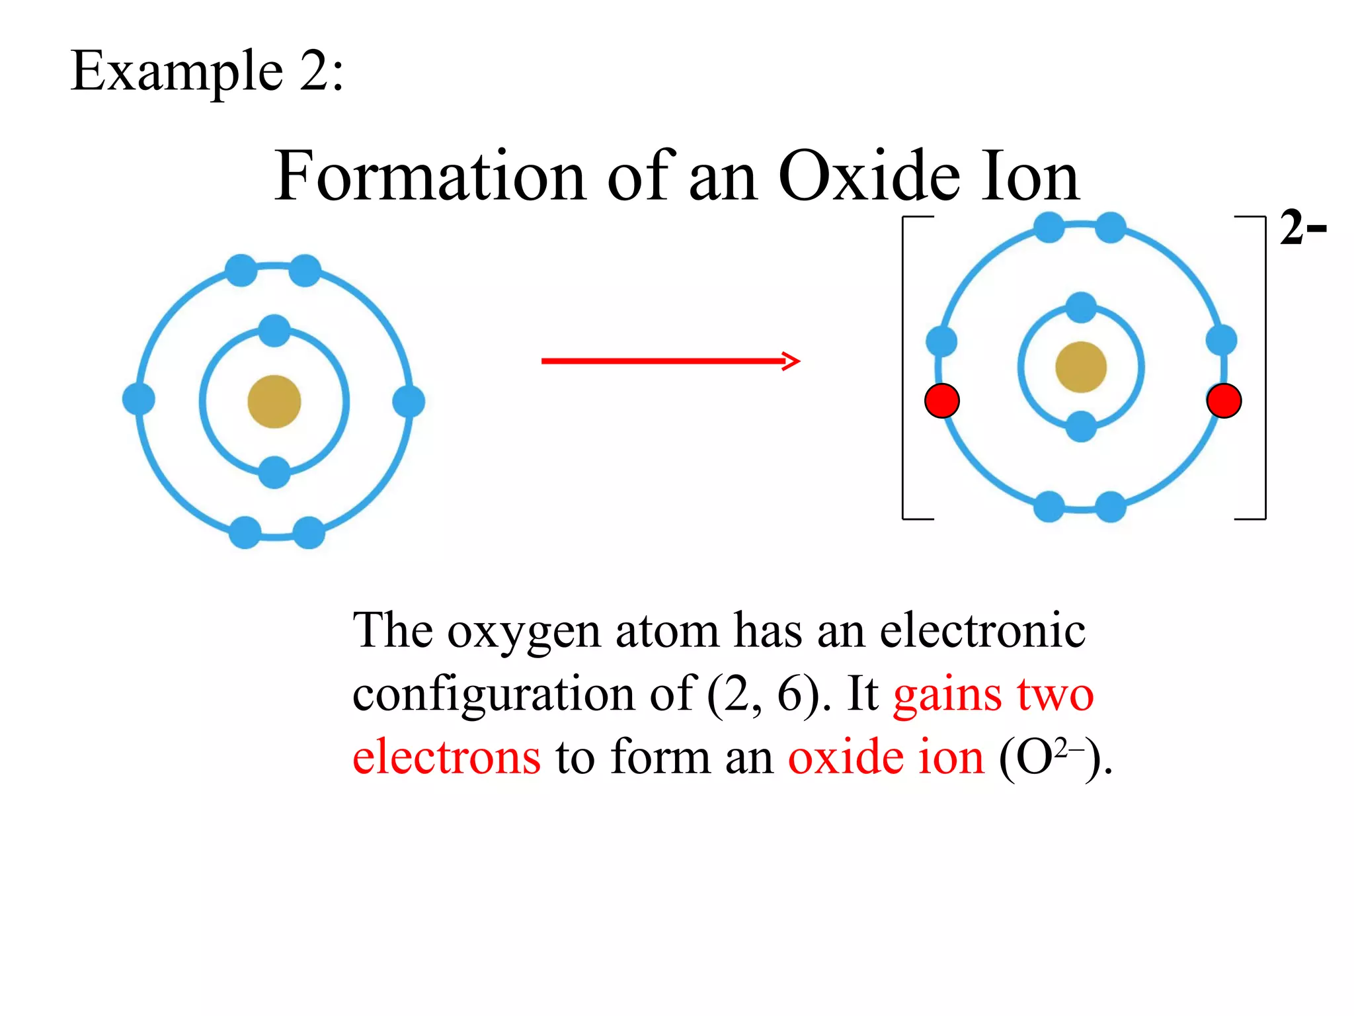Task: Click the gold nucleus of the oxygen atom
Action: point(274,402)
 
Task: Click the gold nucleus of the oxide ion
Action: point(1081,367)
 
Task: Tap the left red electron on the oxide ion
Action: point(941,401)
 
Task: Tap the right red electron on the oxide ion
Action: point(1224,401)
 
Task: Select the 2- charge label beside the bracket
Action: point(1302,228)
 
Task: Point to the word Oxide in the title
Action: point(869,176)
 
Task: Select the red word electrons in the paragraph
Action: point(447,757)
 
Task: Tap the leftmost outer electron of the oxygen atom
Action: point(139,399)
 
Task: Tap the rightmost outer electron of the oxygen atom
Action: point(409,401)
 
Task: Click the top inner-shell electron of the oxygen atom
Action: point(274,331)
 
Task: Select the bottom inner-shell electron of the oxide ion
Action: point(1081,426)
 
